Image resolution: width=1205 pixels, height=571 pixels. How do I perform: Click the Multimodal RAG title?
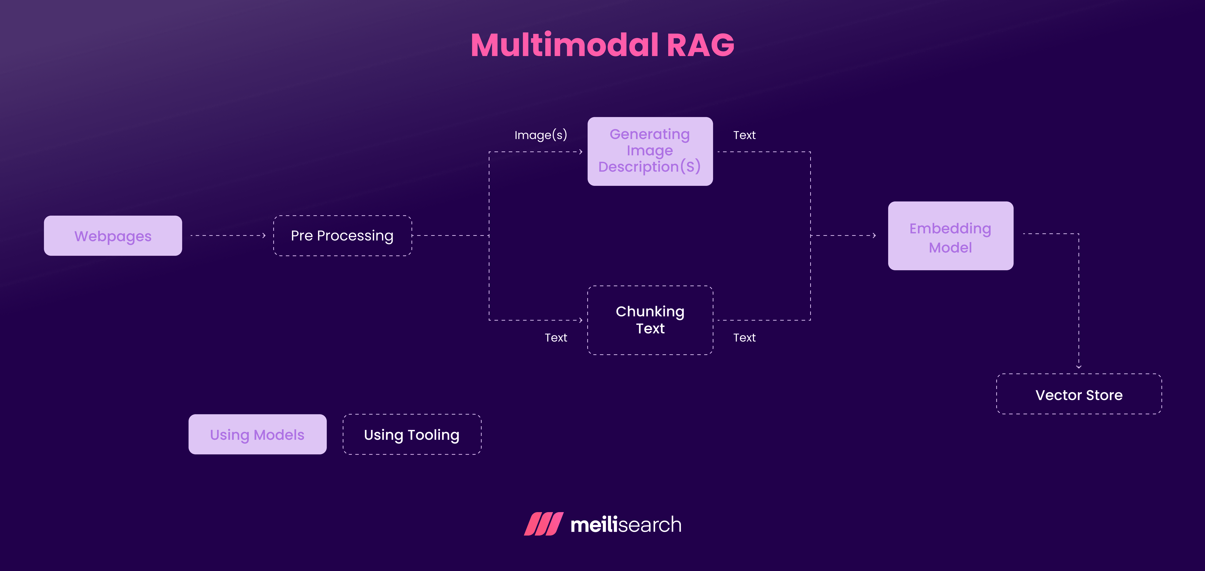[x=602, y=45]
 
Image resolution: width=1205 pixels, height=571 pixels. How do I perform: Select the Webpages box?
[x=113, y=236]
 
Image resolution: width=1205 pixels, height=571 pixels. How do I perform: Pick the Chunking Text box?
[x=650, y=320]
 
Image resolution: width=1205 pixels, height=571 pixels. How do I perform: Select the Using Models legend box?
[x=257, y=434]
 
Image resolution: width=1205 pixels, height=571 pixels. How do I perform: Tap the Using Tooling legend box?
[x=412, y=434]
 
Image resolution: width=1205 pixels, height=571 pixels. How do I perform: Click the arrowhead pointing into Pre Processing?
[x=264, y=235]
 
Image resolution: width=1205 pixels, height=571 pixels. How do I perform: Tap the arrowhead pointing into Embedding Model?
[x=874, y=235]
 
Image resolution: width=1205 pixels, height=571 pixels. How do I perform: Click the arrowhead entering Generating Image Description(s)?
[x=581, y=152]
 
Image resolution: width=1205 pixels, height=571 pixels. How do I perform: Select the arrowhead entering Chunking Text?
[x=581, y=320]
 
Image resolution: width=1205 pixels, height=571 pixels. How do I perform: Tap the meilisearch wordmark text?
[x=625, y=524]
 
